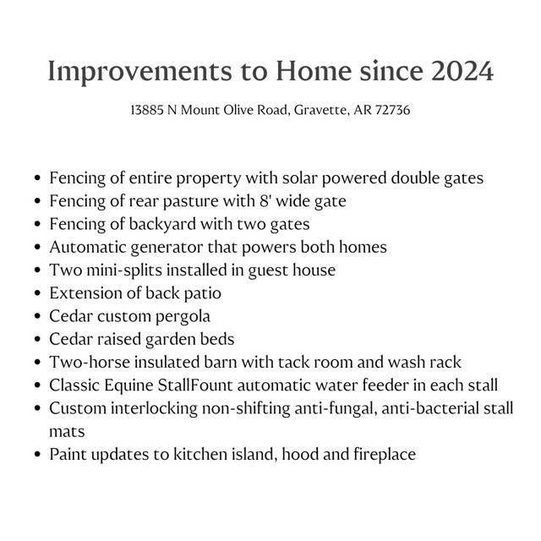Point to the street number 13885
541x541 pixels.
[147, 111]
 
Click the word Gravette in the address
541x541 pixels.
[320, 111]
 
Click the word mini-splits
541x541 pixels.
[121, 270]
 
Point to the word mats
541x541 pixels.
[67, 431]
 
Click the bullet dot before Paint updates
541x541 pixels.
[39, 455]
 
